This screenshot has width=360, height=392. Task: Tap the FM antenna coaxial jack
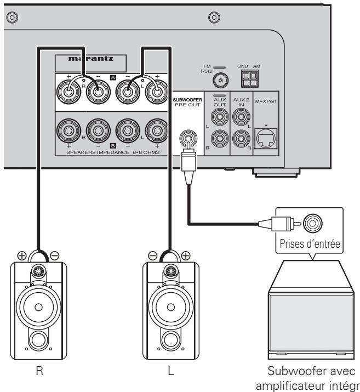[x=221, y=81]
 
